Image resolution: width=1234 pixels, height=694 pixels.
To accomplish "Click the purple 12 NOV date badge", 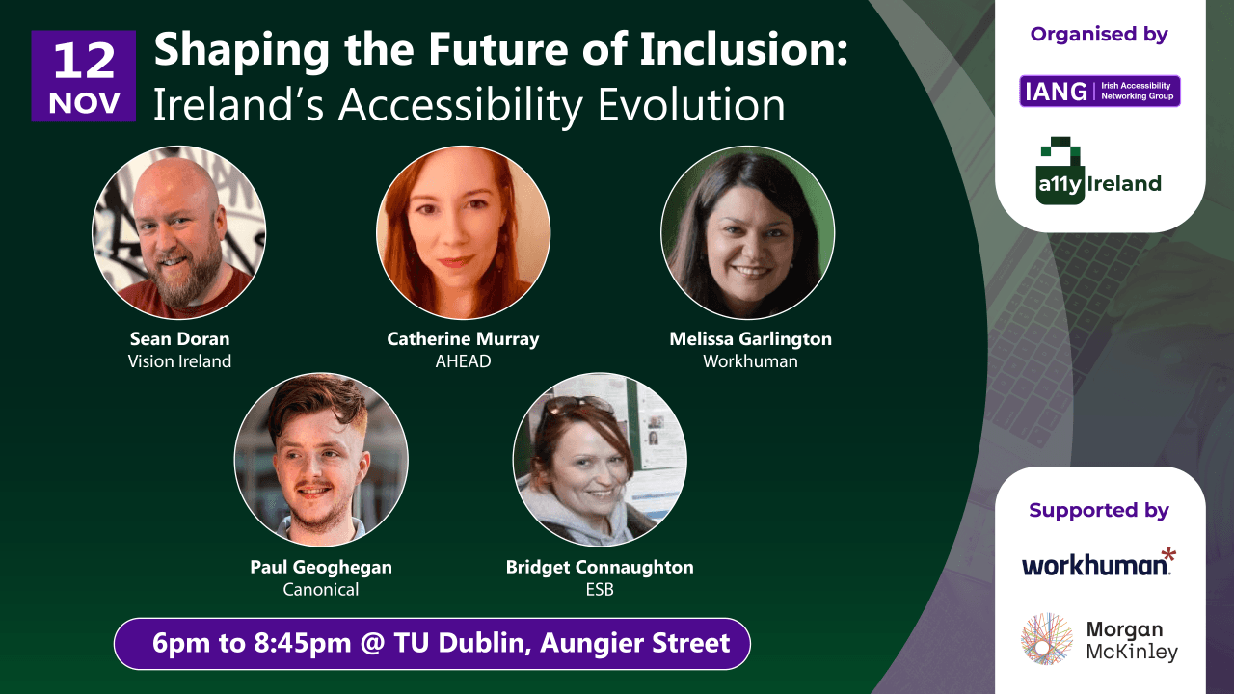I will click(84, 76).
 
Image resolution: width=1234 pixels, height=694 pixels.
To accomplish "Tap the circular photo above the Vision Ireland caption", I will click(178, 232).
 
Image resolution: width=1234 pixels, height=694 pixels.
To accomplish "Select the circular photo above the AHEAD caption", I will click(463, 232).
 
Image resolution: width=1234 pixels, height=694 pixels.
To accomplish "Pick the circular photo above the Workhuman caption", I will click(747, 232).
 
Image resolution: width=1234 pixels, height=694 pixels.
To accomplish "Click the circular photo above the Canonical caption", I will click(321, 460).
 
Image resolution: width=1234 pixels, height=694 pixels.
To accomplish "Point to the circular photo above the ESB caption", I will click(600, 460).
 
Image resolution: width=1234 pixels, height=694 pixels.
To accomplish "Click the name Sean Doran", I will click(179, 338).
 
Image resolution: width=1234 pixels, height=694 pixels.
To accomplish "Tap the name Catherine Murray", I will click(463, 338).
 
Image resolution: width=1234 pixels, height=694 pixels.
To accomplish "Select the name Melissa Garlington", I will click(750, 338).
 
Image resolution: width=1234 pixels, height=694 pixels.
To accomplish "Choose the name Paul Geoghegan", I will click(321, 567).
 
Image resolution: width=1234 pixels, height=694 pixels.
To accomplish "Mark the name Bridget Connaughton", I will click(600, 567).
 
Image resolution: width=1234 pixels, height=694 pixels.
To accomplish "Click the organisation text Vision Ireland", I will click(179, 361).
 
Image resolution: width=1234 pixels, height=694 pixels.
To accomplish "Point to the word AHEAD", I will click(463, 361).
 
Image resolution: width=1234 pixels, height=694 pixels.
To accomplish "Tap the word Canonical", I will click(321, 589).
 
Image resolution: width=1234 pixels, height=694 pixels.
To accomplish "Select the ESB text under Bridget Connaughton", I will click(600, 589).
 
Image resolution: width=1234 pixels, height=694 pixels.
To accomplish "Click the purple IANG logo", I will click(1099, 92).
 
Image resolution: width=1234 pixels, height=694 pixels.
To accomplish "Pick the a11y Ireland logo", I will click(1098, 173).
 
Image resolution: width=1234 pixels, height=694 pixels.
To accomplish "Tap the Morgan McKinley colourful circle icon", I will click(1047, 639).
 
